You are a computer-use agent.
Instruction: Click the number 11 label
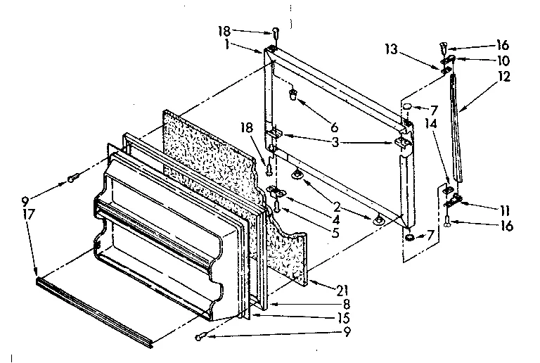click(x=505, y=209)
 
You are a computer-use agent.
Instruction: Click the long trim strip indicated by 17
click(x=91, y=310)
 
